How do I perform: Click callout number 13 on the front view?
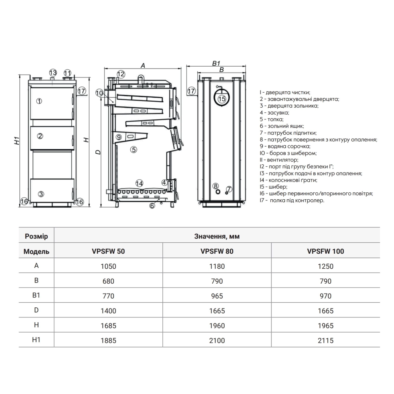[53, 72]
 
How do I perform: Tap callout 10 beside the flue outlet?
[99, 93]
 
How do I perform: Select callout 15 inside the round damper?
[222, 98]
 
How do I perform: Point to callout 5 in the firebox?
[134, 149]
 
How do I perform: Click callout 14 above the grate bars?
[139, 183]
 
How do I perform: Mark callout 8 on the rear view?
[216, 186]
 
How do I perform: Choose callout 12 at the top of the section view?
[121, 74]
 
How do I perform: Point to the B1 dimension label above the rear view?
[216, 63]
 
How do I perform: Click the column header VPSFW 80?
[217, 251]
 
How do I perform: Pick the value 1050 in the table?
[108, 266]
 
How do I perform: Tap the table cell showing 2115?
[325, 340]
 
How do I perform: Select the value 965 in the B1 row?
[217, 296]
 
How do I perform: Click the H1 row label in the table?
[36, 340]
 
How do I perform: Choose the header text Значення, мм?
[217, 236]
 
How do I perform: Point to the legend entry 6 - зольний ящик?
[282, 126]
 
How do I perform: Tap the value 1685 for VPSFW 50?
[108, 326]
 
